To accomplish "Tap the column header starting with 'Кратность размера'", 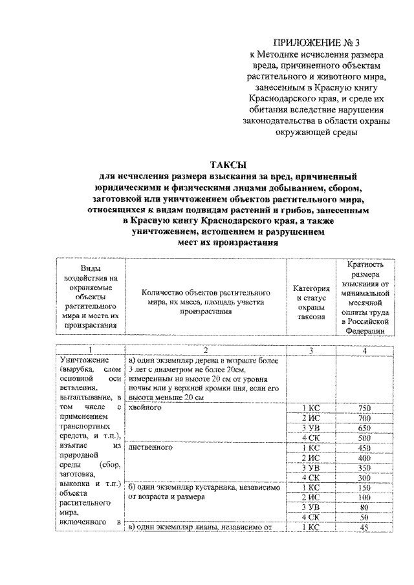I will [x=366, y=297].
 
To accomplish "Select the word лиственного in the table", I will [x=151, y=448].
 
